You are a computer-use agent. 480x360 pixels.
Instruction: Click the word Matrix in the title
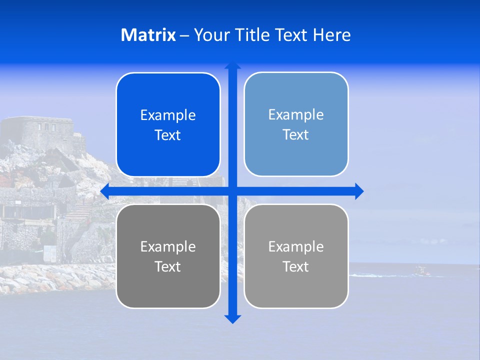point(148,35)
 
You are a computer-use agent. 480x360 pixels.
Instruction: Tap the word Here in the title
point(331,35)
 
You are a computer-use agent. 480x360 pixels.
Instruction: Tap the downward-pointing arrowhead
point(232,318)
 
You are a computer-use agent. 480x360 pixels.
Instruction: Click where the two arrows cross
point(232,191)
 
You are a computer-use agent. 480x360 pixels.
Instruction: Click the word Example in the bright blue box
point(168,115)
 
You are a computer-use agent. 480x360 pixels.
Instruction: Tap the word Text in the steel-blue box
point(295,135)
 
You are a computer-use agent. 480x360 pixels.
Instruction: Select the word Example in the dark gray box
point(168,247)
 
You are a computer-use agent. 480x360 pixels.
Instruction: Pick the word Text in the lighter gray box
point(295,266)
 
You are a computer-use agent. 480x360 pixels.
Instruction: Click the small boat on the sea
point(421,271)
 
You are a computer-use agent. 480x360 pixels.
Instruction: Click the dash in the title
point(184,35)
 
